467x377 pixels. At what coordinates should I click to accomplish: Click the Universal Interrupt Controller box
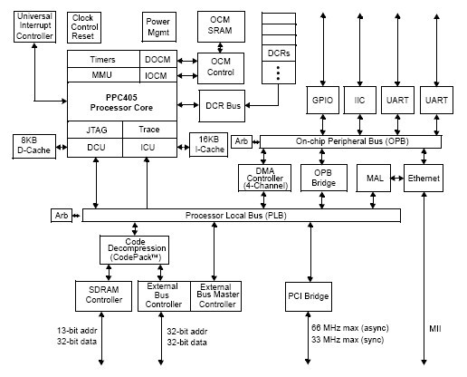pyautogui.click(x=34, y=28)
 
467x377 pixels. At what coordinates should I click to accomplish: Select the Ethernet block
pyautogui.click(x=423, y=179)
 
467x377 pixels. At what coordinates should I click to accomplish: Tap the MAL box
pyautogui.click(x=374, y=179)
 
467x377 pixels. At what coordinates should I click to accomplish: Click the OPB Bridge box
pyautogui.click(x=325, y=179)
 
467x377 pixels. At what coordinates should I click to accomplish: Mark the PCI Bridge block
pyautogui.click(x=310, y=296)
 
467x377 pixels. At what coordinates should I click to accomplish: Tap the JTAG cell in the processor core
pyautogui.click(x=96, y=130)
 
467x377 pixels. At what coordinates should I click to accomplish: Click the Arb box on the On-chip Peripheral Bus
pyautogui.click(x=241, y=141)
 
